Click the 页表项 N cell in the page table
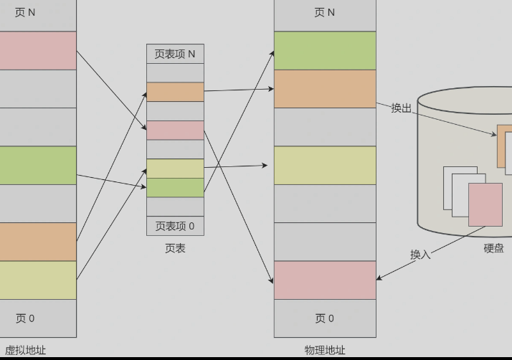point(175,54)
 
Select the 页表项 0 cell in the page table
point(175,226)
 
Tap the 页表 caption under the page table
point(175,248)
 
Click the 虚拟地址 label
point(25,350)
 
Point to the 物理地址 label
point(325,350)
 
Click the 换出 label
point(402,108)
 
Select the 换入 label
point(420,254)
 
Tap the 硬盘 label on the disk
point(493,248)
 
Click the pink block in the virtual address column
point(37,50)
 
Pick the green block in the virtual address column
point(37,165)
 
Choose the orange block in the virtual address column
point(37,242)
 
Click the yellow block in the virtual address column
point(37,280)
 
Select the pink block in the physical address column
point(325,280)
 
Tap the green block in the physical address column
point(325,50)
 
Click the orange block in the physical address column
point(325,89)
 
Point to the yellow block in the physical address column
point(325,165)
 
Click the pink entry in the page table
point(175,130)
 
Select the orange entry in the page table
point(175,92)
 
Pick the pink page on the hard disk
point(485,204)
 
